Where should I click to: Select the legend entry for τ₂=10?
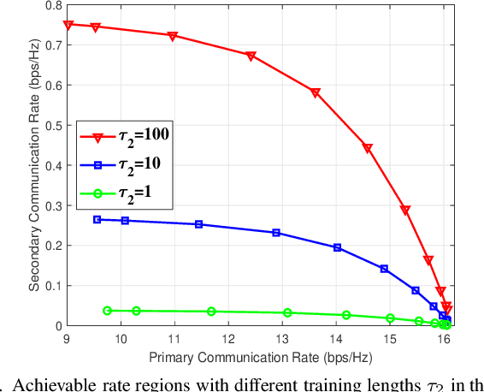pos(123,163)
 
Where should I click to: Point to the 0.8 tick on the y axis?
pos(53,5)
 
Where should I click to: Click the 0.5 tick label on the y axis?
pos(53,126)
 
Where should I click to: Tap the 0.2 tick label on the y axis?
pos(53,246)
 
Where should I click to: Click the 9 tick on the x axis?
pos(68,338)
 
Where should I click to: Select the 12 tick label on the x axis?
pos(228,338)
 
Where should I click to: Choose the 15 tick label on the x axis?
pos(389,338)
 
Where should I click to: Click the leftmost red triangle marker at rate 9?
pos(68,26)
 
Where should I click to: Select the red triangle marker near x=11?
pos(173,37)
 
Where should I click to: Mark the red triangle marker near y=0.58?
pos(316,93)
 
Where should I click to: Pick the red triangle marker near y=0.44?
pos(368,149)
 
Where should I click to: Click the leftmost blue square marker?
pos(97,219)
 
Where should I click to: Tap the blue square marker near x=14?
pos(337,247)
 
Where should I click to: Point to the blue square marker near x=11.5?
pos(199,224)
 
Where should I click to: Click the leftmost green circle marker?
pos(107,311)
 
